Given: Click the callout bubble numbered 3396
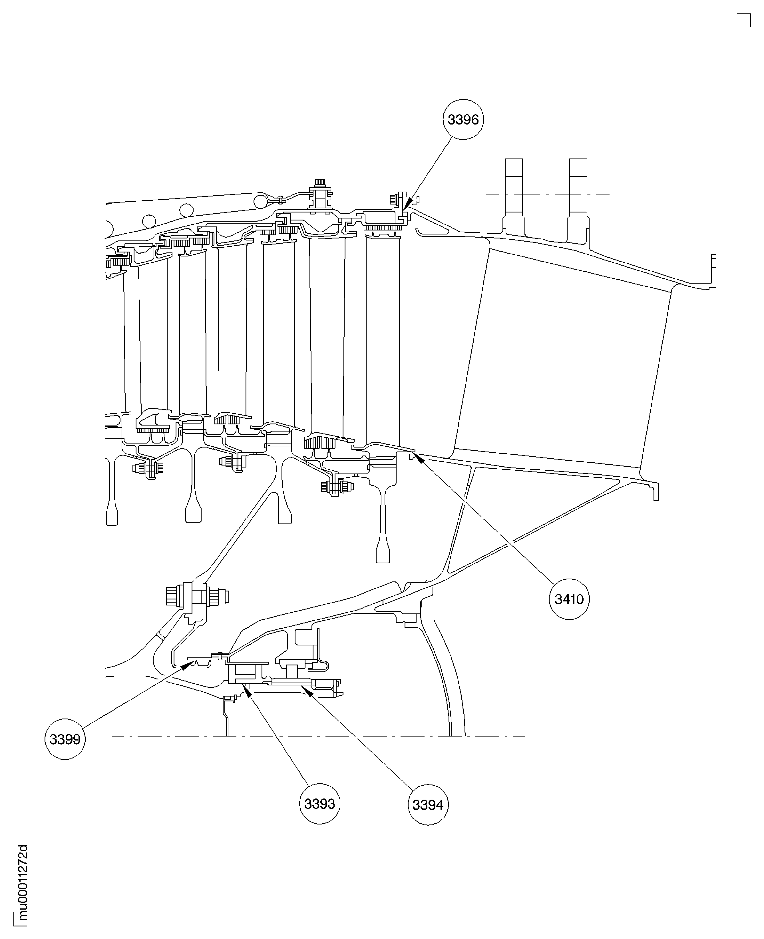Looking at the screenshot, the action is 463,119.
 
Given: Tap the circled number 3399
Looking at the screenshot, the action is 65,739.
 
